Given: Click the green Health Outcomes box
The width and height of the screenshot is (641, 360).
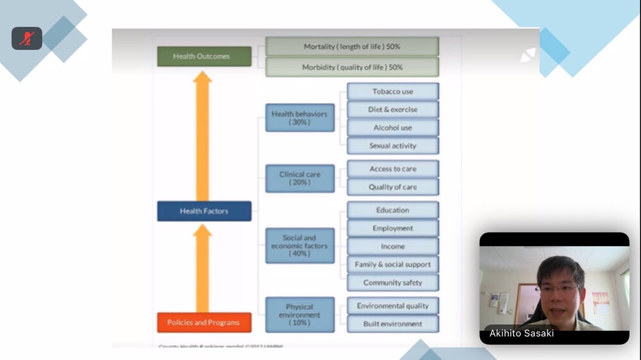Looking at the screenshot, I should click(x=204, y=56).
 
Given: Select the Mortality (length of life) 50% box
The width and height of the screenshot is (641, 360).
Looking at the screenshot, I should click(x=352, y=47).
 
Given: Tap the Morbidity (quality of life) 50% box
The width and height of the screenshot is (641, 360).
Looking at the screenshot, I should click(x=352, y=67).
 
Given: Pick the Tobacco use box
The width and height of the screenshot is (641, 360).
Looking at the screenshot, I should click(x=393, y=92).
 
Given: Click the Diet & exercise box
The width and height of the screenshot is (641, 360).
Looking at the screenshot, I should click(x=393, y=110).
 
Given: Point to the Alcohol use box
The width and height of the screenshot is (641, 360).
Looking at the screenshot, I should click(x=393, y=127).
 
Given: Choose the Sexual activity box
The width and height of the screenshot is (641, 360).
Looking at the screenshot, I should click(x=393, y=145).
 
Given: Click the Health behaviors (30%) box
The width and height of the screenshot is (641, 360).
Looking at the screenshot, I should click(x=299, y=118).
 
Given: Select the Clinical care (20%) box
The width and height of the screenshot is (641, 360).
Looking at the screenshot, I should click(x=299, y=178).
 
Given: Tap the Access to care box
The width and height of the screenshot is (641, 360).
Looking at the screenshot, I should click(x=393, y=169).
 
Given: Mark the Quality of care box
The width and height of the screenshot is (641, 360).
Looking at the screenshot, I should click(x=393, y=187).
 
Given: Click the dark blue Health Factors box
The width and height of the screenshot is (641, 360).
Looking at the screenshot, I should click(x=204, y=211).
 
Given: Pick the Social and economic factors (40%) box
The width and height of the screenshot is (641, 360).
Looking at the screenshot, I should click(x=299, y=245).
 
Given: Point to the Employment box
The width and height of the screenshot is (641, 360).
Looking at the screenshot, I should click(x=393, y=228).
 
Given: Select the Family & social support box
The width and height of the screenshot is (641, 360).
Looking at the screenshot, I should click(x=393, y=265).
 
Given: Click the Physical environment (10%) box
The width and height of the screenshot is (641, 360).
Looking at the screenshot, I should click(x=299, y=315).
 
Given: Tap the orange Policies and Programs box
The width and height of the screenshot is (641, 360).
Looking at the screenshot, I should click(x=204, y=322).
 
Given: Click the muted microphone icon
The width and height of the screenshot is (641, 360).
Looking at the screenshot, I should click(x=26, y=38).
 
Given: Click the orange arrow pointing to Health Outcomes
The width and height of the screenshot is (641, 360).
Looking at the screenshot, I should click(x=203, y=135).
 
